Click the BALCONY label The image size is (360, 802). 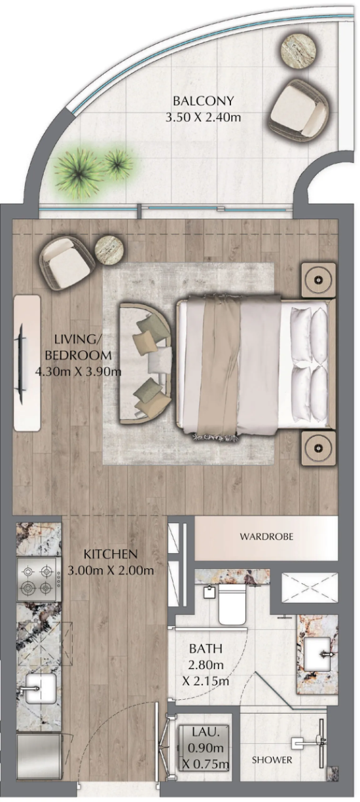[x=203, y=101]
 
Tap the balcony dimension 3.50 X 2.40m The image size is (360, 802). [x=203, y=117]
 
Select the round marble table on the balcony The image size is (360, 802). [x=298, y=50]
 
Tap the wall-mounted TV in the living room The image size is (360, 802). [x=22, y=363]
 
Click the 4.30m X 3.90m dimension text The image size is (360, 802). [x=79, y=371]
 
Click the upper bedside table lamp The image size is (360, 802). [x=318, y=280]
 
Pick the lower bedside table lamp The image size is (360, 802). [x=318, y=448]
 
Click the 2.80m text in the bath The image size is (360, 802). [x=206, y=665]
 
